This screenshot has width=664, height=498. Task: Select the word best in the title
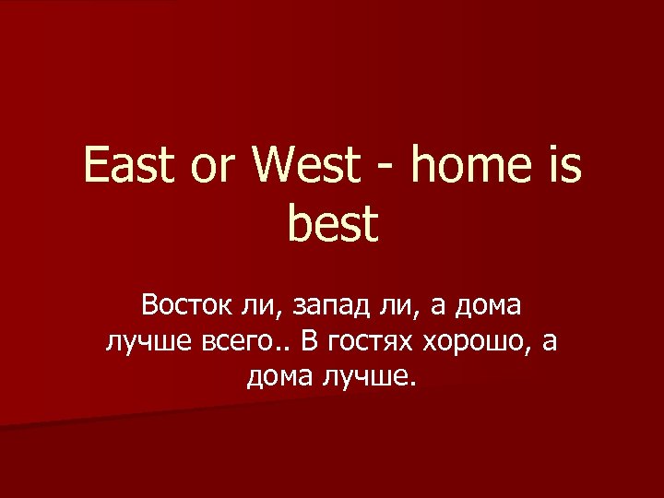[332, 224]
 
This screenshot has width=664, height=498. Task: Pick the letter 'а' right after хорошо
[551, 342]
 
